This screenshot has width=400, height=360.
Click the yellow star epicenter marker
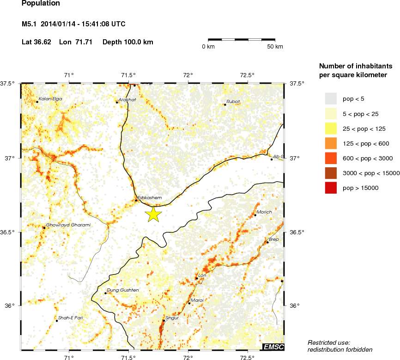pos(153,214)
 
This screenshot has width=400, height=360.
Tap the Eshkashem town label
pos(150,198)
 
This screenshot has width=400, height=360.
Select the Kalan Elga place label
pos(50,98)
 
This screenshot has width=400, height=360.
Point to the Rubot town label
pos(233,102)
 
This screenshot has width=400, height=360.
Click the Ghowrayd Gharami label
pos(68,225)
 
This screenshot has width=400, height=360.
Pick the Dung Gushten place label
pos(123,290)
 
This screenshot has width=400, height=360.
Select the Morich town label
pos(264,212)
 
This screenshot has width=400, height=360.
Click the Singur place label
pos(172,318)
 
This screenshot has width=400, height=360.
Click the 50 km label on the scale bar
pos(275,47)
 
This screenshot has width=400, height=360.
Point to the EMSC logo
pos(273,347)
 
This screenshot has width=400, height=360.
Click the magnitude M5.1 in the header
pos(30,24)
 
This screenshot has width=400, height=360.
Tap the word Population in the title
pos(41,3)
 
